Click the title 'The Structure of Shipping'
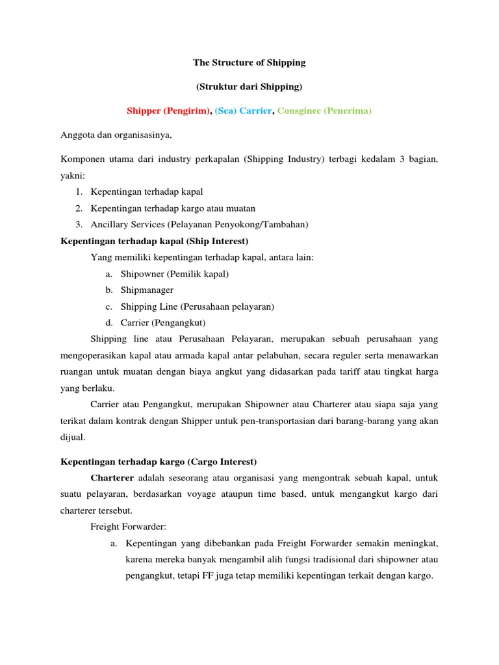249,63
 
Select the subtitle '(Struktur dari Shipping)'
249,86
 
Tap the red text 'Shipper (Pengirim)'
168,111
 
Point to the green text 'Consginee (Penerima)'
324,111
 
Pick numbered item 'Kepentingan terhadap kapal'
147,192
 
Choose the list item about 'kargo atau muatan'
173,208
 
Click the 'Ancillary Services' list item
199,225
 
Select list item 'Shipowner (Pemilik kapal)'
175,274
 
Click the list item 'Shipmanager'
147,290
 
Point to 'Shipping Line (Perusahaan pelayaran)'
198,307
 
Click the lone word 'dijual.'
73,437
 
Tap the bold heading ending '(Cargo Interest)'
159,462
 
